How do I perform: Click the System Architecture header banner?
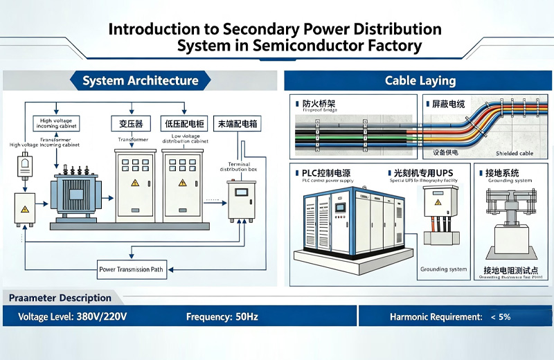140,81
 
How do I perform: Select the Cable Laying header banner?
420,81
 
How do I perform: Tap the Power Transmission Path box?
132,269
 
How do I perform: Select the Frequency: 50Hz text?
222,316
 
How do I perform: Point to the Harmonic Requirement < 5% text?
450,316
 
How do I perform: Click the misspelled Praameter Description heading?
60,298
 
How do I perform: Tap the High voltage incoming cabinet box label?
56,123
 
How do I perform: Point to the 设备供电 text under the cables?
447,152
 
